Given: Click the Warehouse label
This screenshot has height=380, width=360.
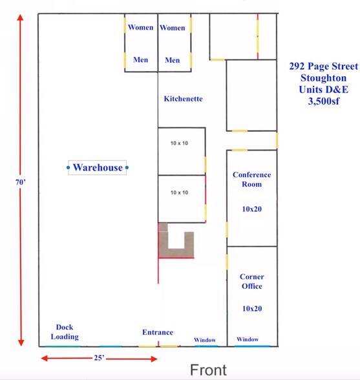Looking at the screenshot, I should point(98,168).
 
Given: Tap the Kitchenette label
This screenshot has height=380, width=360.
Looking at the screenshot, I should point(183,99).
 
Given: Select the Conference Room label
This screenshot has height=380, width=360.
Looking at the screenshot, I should point(251,179).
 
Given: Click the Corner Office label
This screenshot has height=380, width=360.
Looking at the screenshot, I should point(251,281).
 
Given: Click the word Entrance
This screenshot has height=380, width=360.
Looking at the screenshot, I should point(158,333).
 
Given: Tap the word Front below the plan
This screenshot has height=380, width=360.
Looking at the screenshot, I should point(208,370).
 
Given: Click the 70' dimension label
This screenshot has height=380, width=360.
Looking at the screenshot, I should point(21,182).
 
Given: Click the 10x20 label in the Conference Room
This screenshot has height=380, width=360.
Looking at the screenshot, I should point(251,209).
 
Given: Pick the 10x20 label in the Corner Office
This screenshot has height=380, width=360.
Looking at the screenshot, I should point(251,308).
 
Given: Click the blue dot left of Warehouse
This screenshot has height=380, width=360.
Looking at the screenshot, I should point(69,168).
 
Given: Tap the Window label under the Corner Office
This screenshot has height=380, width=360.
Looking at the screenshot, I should point(248,339).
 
